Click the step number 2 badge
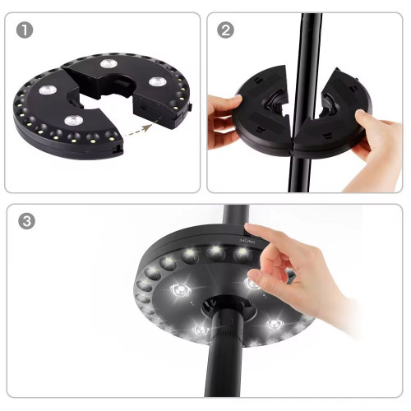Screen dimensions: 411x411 pos(225,30)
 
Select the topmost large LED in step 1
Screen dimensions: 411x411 pos(109,63)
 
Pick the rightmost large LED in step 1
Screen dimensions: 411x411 pos(154,82)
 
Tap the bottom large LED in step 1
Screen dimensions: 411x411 pos(74,122)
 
